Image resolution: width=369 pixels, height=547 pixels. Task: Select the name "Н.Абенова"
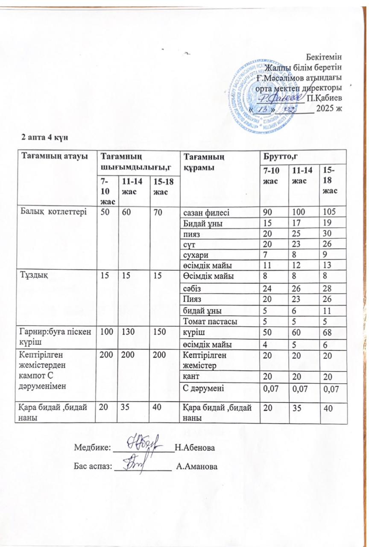[x=195, y=448]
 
